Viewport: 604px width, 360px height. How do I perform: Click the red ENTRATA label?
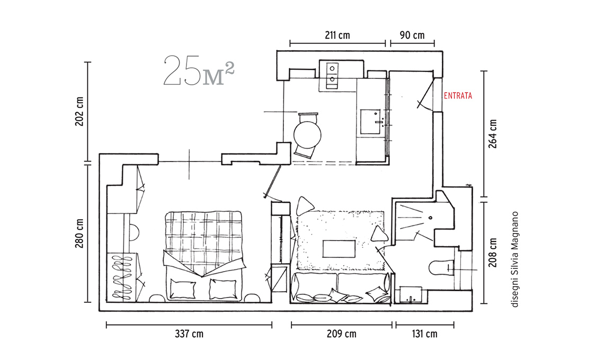tap(458, 96)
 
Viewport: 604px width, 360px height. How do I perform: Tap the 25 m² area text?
tap(199, 70)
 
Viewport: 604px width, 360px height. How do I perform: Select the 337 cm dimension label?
tap(189, 334)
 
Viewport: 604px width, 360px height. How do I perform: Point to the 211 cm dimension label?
tap(337, 35)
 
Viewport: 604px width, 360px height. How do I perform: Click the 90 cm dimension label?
tap(412, 35)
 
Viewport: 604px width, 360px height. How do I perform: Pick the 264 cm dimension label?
tap(493, 133)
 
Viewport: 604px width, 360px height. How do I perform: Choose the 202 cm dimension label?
tap(79, 111)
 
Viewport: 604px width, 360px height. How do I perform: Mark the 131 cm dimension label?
tap(424, 334)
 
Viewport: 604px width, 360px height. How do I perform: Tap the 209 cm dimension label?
tap(341, 334)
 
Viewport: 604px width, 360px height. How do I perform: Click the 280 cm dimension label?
tap(79, 233)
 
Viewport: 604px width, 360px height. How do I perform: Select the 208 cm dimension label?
tap(493, 253)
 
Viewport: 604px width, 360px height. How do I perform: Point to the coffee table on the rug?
tap(339, 249)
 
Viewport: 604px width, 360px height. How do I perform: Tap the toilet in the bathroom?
tap(440, 268)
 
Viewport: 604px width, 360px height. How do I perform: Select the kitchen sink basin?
tap(370, 122)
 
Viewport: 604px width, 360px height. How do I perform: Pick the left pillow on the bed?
tap(183, 289)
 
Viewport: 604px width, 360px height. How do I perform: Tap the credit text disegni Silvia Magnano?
tap(515, 259)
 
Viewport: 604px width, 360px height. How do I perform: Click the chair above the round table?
tap(308, 117)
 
